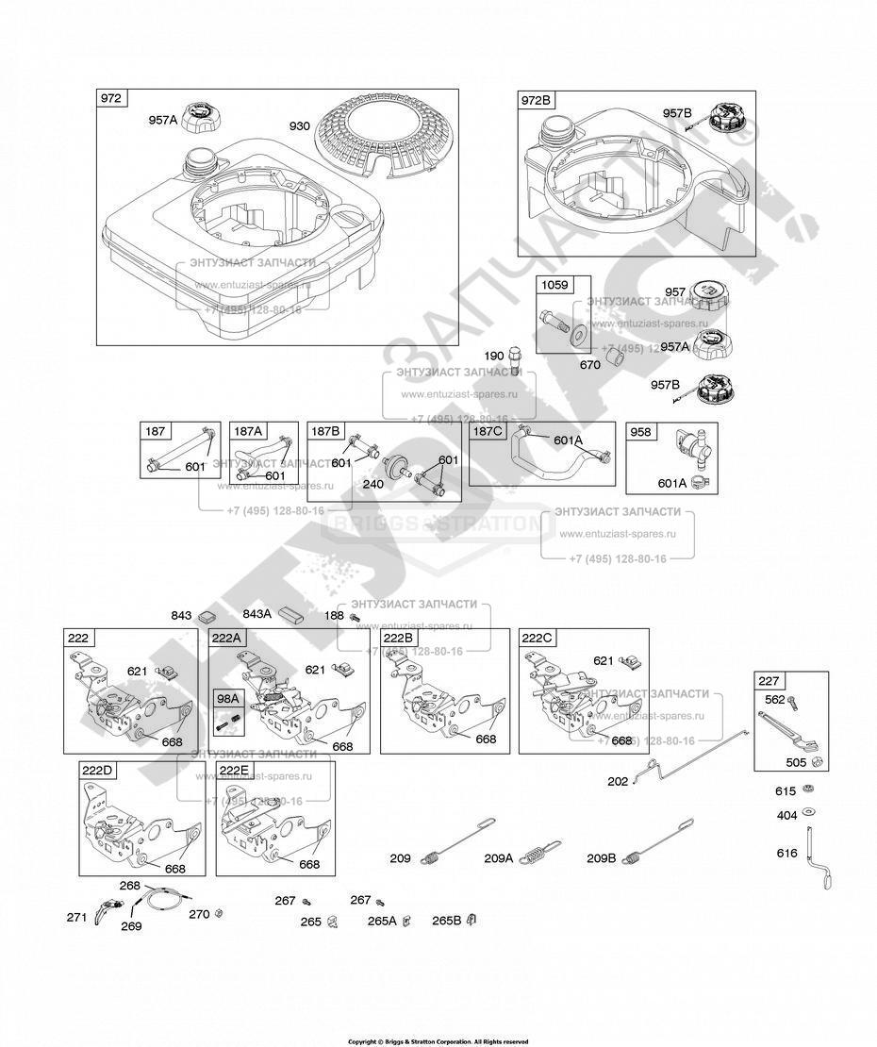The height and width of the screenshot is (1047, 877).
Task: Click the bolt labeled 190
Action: [515, 359]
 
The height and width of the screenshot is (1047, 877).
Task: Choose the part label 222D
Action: [97, 770]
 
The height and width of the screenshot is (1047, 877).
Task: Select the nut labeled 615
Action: [808, 789]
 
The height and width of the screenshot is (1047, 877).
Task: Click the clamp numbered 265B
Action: [472, 920]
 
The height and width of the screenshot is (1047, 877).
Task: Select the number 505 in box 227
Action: [798, 764]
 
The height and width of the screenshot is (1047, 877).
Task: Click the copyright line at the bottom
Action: [438, 1041]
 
